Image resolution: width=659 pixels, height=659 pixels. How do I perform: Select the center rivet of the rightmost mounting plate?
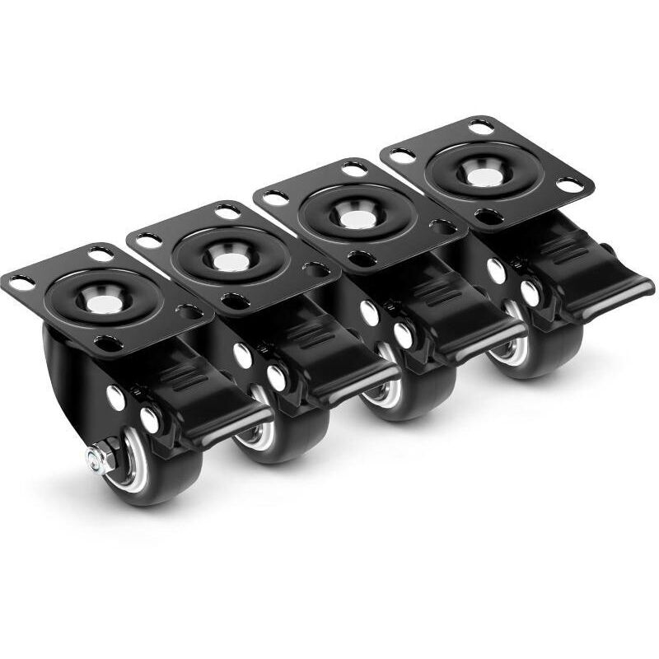(483, 172)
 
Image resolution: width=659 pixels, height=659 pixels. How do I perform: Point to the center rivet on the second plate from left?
(231, 261)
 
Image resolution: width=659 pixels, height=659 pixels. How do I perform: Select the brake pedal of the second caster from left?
(354, 375)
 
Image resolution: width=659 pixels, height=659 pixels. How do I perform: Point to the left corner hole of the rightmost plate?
(401, 155)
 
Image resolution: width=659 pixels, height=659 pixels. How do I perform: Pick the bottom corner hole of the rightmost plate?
(488, 216)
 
